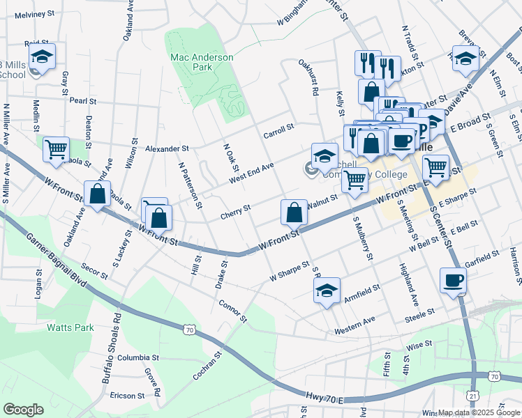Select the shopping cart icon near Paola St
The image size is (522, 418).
tap(56, 148)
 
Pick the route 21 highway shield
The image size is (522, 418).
tap(473, 395)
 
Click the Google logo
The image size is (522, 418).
tap(23, 410)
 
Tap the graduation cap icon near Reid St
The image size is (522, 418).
tap(42, 56)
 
